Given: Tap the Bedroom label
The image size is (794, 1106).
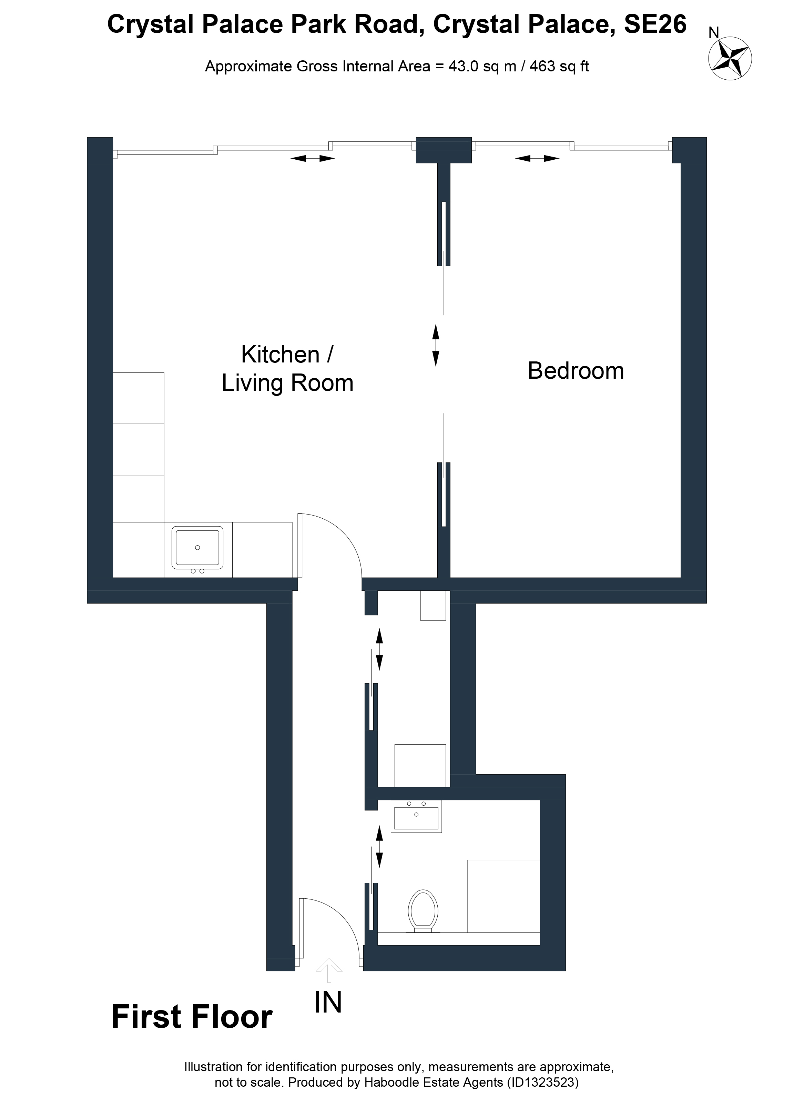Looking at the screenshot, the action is [576, 371].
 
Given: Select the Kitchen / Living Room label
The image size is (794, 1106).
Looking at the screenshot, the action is [287, 369].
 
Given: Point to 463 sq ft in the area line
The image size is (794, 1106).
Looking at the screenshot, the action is [559, 66].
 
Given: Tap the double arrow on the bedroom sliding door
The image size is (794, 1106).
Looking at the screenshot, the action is [436, 346].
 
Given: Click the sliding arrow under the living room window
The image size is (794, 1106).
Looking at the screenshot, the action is [313, 159].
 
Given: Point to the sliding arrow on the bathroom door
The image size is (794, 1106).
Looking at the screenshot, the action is [379, 846].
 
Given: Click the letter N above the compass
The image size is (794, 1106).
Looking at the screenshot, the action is [714, 33].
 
